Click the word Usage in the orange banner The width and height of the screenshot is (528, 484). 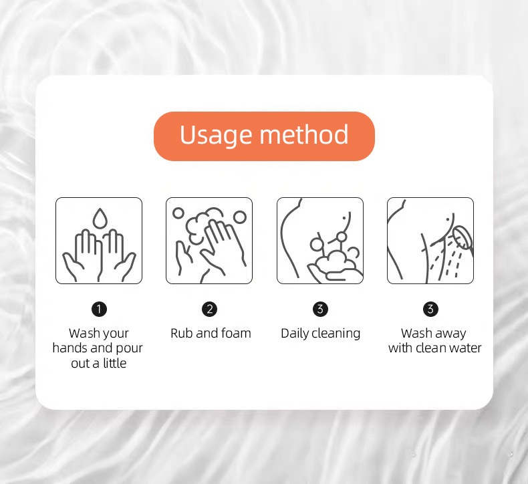pos(215,136)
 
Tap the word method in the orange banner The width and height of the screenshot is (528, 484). pos(303,134)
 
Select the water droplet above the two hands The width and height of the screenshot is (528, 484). pos(100,218)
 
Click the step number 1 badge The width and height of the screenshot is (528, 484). pos(99,309)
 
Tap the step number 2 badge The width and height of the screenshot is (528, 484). pos(209,309)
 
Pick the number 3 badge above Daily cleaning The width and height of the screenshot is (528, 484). pos(320,309)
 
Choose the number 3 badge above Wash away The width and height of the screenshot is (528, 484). pos(430,309)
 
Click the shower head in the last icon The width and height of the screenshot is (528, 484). pos(463,238)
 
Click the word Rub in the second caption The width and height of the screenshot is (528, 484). pos(182,333)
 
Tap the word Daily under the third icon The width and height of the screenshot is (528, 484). pos(295,334)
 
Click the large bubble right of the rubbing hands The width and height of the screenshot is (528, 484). pos(240,217)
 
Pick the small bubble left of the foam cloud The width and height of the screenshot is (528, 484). pos(178,213)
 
